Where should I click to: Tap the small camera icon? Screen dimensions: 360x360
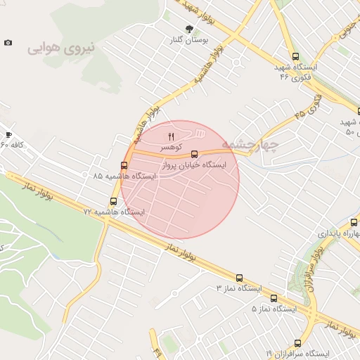click(8, 43)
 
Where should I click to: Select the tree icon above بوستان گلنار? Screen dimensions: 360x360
click(188, 29)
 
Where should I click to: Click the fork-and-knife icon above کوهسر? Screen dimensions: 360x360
click(170, 136)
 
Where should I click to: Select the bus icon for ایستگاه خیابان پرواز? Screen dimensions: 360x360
click(195, 154)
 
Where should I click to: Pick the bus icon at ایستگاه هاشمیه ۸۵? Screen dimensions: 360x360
click(124, 165)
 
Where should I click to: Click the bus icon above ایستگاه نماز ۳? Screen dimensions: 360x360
click(239, 278)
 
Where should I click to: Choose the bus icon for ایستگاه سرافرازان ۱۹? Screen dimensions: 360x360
click(297, 343)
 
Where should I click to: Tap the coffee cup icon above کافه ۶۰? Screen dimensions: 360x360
click(8, 134)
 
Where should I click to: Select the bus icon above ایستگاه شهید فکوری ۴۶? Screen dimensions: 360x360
click(295, 56)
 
